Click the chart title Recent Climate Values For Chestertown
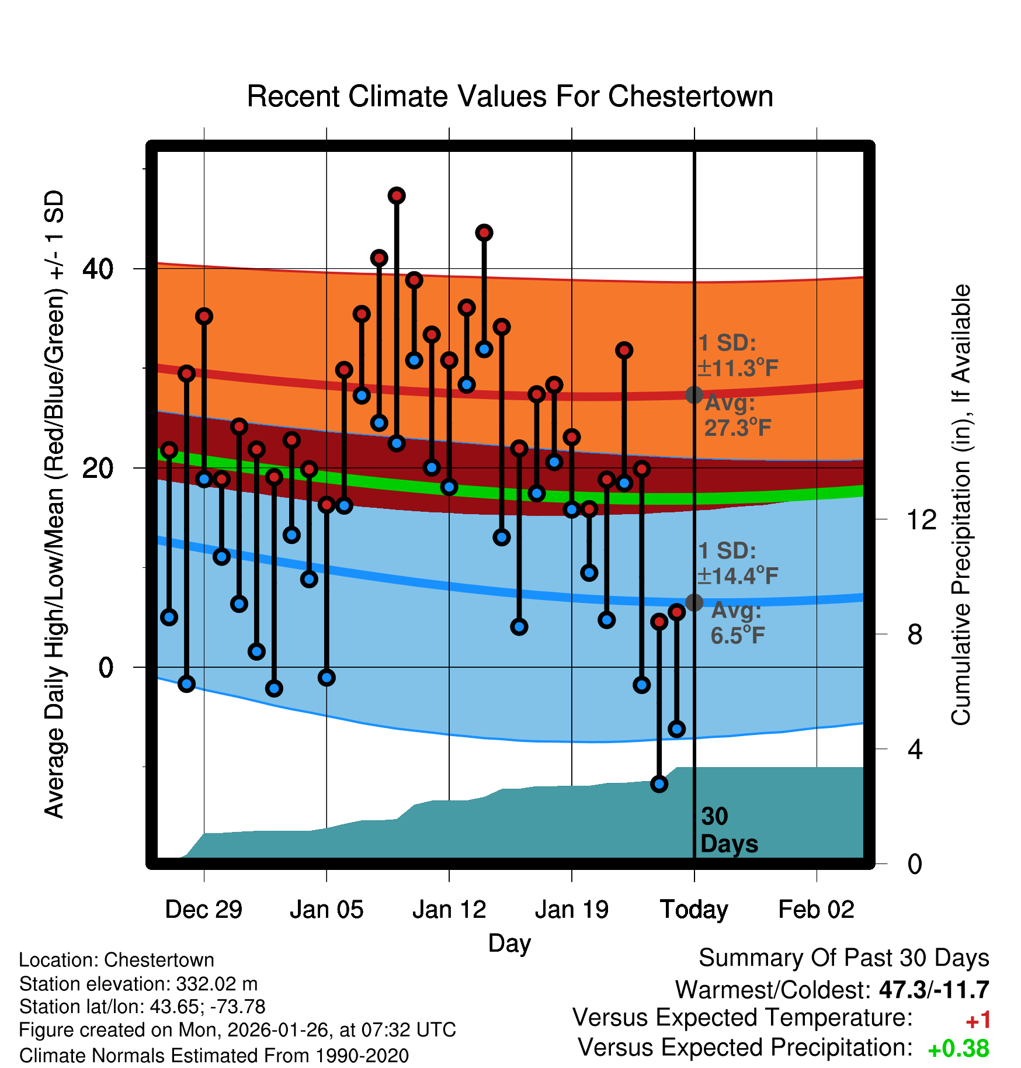click(x=510, y=96)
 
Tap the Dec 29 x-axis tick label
click(x=203, y=910)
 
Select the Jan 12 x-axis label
click(x=449, y=910)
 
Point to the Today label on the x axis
click(x=694, y=910)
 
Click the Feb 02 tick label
click(x=816, y=910)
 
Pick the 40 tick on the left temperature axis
click(x=98, y=269)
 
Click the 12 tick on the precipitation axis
click(x=922, y=519)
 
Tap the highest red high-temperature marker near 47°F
click(x=397, y=196)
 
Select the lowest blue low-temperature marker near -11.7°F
click(x=659, y=784)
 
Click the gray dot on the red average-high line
click(x=694, y=395)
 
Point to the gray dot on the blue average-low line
click(x=694, y=602)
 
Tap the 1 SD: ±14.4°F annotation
click(x=737, y=564)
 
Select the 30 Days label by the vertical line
click(x=728, y=830)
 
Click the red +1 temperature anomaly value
click(x=978, y=1021)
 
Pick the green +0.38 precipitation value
click(x=959, y=1049)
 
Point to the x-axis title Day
click(x=509, y=943)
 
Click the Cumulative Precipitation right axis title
click(x=961, y=505)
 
